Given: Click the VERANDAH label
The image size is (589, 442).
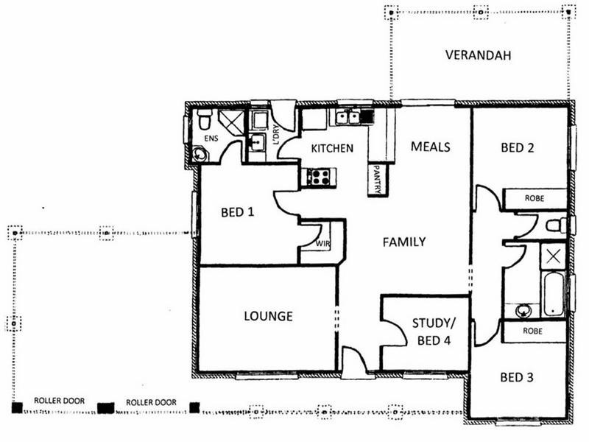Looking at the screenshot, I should click(x=478, y=55).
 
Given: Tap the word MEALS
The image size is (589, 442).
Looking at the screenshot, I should click(x=431, y=147).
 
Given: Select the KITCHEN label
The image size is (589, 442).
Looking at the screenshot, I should click(x=332, y=148).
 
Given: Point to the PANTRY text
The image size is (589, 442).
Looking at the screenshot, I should click(x=377, y=178).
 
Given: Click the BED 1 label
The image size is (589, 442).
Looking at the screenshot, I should click(x=237, y=213).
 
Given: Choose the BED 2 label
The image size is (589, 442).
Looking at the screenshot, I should click(x=518, y=147).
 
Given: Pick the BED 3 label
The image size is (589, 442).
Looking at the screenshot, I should click(x=517, y=378).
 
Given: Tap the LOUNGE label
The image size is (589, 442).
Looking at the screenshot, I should click(x=268, y=316).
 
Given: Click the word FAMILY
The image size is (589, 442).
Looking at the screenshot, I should click(x=403, y=241).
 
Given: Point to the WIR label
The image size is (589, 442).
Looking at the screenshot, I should click(x=322, y=242).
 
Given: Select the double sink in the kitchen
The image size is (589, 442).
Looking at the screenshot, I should click(x=348, y=116).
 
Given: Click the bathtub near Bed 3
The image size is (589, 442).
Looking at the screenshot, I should click(x=554, y=294).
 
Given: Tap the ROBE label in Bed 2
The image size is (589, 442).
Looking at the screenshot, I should click(x=535, y=199).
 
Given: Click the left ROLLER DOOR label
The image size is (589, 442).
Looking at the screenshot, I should click(x=59, y=401).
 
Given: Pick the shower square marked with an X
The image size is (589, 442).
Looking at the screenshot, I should click(x=553, y=255).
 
